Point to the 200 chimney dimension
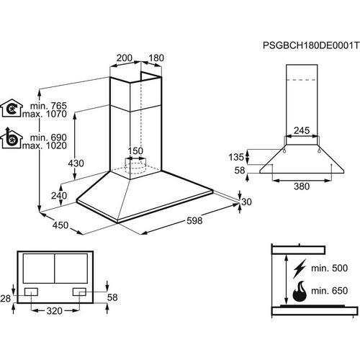pyautogui.click(x=124, y=58)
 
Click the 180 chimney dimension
pyautogui.click(x=156, y=58)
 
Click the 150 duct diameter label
pyautogui.click(x=135, y=150)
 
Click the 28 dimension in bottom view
pyautogui.click(x=6, y=297)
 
